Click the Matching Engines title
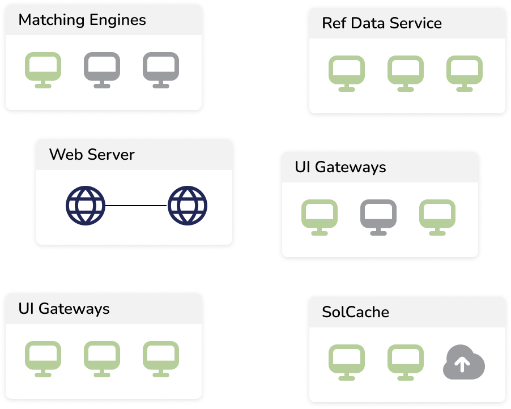point(82,20)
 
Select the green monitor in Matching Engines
point(43,69)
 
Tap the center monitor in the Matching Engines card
point(102,69)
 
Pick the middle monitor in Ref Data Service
point(406,73)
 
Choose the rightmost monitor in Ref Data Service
point(465,73)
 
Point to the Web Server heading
point(92,155)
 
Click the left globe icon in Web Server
point(86,205)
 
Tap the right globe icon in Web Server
point(188,205)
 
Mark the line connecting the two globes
point(137,205)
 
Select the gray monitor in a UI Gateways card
point(378,216)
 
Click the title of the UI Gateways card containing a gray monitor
point(340,168)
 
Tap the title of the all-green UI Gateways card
point(64,309)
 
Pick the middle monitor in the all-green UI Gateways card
point(102,358)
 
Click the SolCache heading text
point(355,312)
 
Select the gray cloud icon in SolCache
point(463,363)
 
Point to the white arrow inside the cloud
point(463,364)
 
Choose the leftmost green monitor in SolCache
point(347,362)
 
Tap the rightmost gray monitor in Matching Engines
point(161,69)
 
